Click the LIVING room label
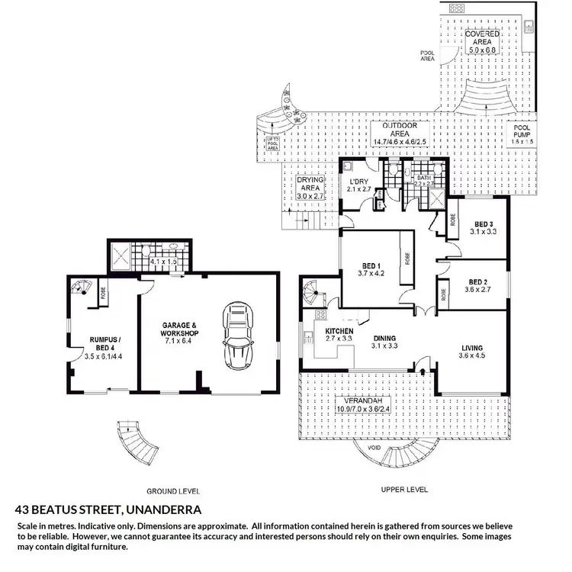[472, 345]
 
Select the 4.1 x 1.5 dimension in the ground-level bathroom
[163, 262]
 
